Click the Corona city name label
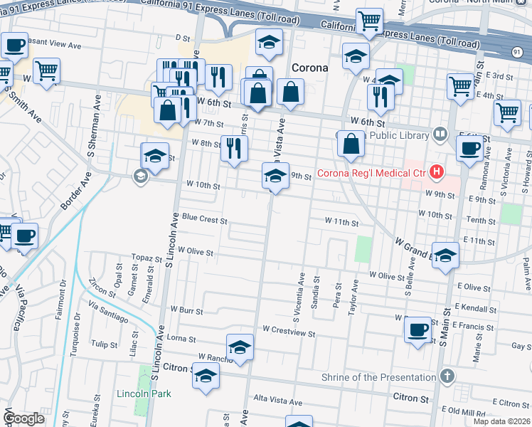(310, 68)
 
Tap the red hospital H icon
(437, 172)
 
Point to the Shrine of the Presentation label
(378, 377)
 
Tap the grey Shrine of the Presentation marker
(447, 375)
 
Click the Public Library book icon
(440, 134)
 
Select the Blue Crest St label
(204, 220)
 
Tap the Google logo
(24, 418)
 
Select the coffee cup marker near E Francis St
(417, 330)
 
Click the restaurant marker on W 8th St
(233, 147)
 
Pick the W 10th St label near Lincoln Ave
(203, 185)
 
